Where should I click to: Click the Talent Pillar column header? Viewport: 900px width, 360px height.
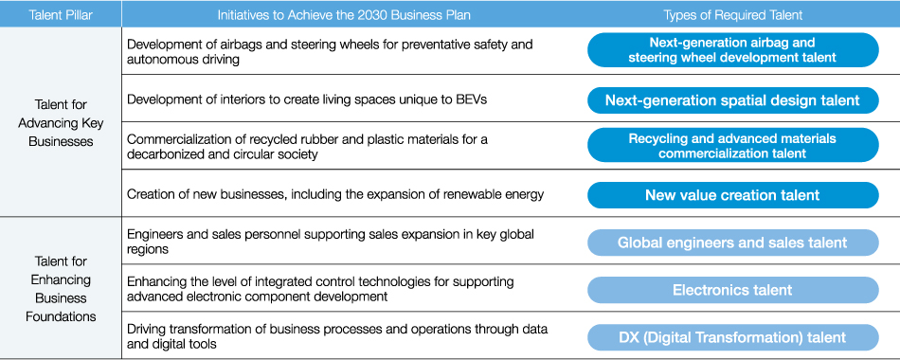click(x=61, y=15)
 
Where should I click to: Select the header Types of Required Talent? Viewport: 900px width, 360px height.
click(x=733, y=15)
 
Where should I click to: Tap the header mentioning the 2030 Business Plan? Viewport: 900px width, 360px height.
click(x=344, y=15)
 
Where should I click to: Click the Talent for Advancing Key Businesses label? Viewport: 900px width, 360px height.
click(x=61, y=123)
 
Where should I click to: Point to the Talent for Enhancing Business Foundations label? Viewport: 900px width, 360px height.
click(x=61, y=289)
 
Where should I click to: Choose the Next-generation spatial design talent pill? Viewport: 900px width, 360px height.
click(x=733, y=100)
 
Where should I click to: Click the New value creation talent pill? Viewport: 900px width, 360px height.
click(x=733, y=195)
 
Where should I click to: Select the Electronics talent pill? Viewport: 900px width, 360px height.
click(x=733, y=290)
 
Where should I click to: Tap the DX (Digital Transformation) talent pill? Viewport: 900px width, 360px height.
click(x=733, y=337)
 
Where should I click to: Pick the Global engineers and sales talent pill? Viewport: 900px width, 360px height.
click(x=733, y=243)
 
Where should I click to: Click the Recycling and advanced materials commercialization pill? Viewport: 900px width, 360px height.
click(x=733, y=145)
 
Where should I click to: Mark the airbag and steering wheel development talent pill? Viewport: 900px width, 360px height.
click(x=733, y=50)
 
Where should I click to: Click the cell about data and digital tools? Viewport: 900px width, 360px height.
click(x=337, y=336)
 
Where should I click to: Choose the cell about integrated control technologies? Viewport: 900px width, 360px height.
click(x=320, y=289)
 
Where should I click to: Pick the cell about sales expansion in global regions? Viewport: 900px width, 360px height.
click(x=331, y=242)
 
